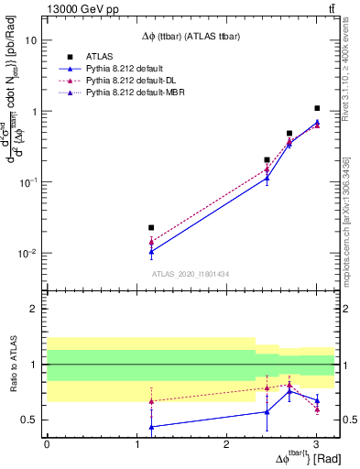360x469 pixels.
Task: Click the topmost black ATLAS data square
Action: click(317, 108)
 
